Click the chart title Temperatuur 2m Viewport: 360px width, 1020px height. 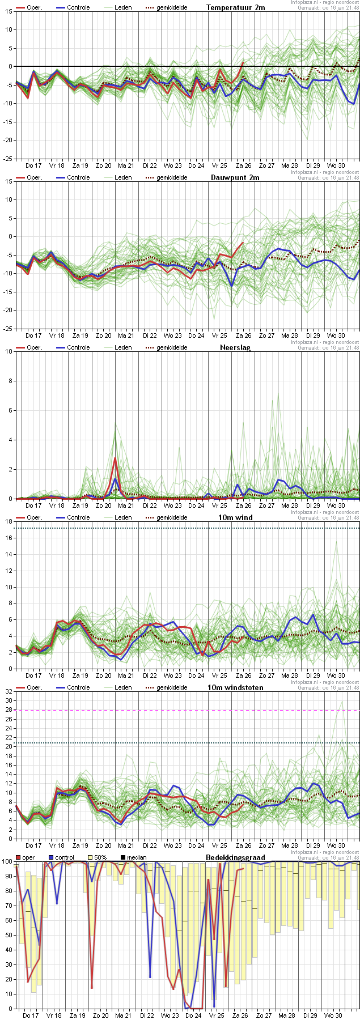click(x=235, y=7)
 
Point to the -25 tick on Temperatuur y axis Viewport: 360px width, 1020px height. click(x=8, y=159)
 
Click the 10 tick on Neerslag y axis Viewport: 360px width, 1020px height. click(x=9, y=351)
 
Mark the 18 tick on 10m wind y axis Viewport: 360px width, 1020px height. click(x=9, y=521)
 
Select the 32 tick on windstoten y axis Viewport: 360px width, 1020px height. click(x=8, y=691)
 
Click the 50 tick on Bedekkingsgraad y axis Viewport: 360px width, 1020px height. click(x=7, y=934)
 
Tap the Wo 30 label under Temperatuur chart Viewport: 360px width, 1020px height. click(x=336, y=165)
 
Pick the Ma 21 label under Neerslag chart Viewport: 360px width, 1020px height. click(x=126, y=505)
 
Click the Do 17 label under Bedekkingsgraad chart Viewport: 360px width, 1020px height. click(x=31, y=1015)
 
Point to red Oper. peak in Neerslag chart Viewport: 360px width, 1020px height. click(x=115, y=458)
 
